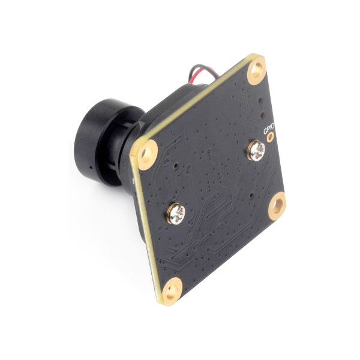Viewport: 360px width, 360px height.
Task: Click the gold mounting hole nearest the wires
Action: pyautogui.click(x=257, y=70)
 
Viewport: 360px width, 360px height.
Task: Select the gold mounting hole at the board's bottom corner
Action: pyautogui.click(x=172, y=292)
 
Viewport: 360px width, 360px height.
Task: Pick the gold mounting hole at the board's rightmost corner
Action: pyautogui.click(x=277, y=206)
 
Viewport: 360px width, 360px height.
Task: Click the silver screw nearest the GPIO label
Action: pyautogui.click(x=256, y=151)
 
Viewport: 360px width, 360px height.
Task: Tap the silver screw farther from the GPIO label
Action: pyautogui.click(x=176, y=214)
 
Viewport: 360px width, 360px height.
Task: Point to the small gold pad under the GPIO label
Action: pyautogui.click(x=271, y=137)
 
